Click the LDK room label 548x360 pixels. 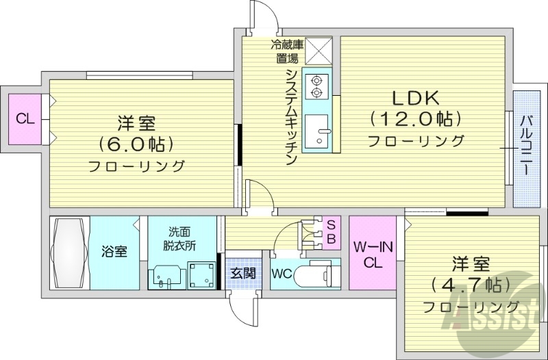coord(414,98)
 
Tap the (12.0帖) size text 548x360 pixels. coord(415,119)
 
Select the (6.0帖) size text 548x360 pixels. coord(136,144)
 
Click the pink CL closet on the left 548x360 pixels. coord(25,118)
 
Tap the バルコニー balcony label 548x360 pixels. coord(526,148)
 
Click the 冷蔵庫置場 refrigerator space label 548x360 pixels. coord(286,51)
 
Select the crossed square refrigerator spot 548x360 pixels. coord(318,51)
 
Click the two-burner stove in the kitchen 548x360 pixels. coord(316,84)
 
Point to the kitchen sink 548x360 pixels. coord(317,130)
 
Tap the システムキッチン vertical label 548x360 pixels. coord(290,116)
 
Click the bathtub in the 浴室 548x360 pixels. coord(69,252)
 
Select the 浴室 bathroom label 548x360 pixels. coord(114,252)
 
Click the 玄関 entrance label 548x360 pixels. coord(241,272)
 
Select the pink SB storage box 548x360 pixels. coord(330,232)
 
